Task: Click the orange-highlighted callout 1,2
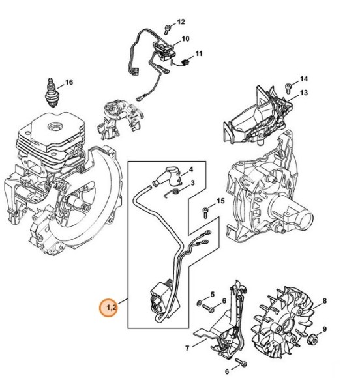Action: click(x=108, y=306)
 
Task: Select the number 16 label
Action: click(x=69, y=83)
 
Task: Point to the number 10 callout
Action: click(x=185, y=39)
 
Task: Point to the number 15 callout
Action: click(x=220, y=201)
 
